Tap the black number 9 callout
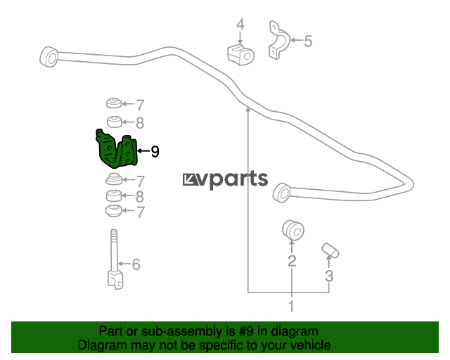point(155,151)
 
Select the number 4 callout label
point(240,25)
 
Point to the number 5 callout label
point(308,41)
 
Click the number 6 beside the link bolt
point(136,264)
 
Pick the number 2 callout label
point(292,261)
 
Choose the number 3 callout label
point(329,276)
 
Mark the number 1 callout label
point(291,306)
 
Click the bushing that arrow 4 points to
point(240,55)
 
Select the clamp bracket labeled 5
point(278,40)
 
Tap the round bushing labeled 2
point(292,230)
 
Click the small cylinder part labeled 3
point(330,250)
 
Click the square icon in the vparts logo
point(190,180)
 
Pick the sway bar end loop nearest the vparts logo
point(282,193)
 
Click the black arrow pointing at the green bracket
point(143,150)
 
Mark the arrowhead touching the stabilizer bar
point(248,108)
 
